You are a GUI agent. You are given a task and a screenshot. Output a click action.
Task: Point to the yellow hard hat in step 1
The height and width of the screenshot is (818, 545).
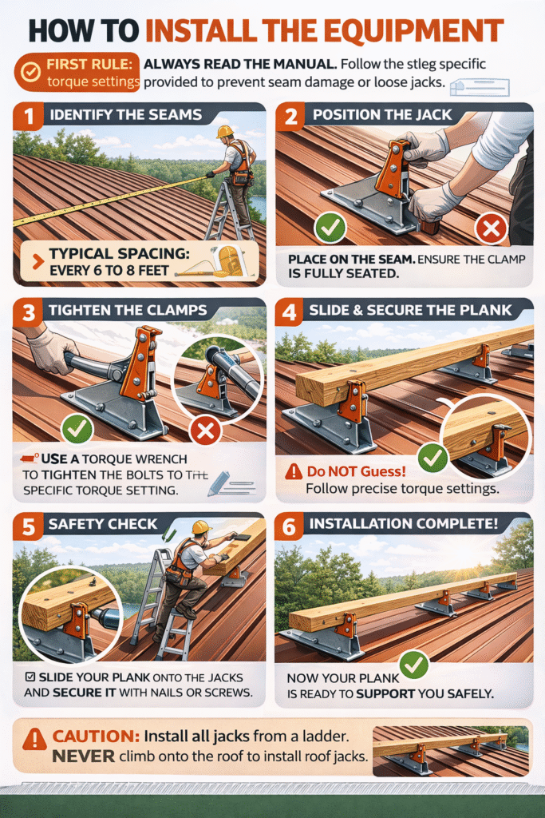[224, 132]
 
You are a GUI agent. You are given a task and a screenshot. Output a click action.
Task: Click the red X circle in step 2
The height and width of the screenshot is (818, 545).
[491, 229]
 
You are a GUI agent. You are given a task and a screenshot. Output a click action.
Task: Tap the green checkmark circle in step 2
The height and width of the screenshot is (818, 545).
[329, 229]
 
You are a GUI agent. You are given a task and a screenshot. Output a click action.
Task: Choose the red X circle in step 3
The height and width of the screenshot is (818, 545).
[207, 432]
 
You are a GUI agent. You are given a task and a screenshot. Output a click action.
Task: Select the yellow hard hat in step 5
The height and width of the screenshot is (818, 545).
[201, 528]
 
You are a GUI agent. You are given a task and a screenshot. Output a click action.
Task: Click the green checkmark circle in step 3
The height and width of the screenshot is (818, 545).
[77, 429]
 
